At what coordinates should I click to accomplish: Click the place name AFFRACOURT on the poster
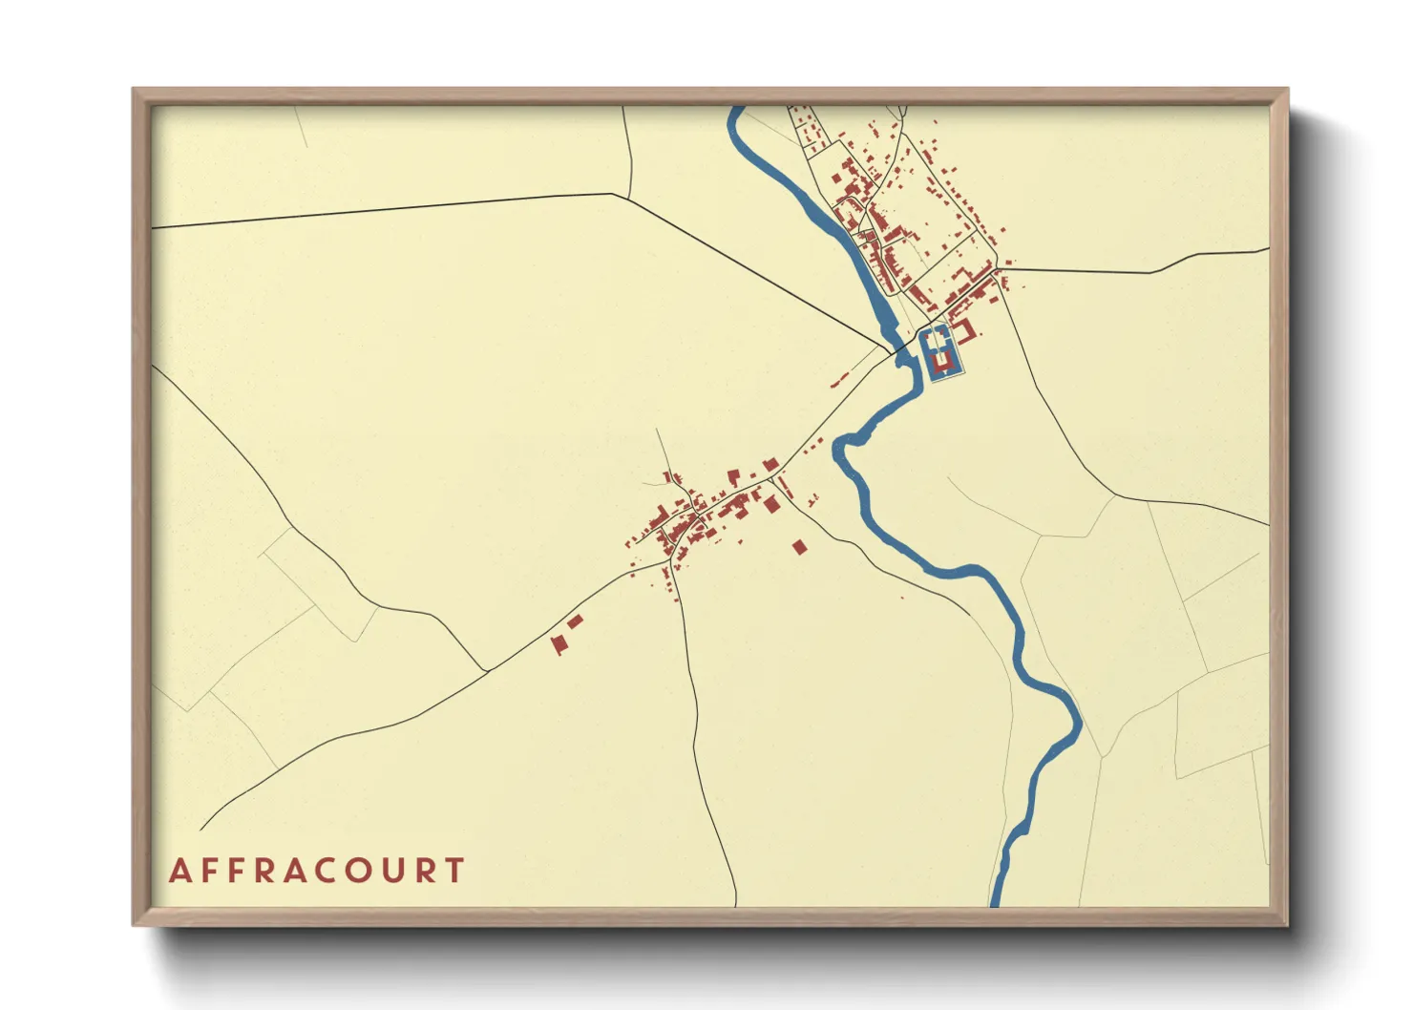tap(316, 871)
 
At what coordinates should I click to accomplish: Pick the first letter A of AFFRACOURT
tap(179, 871)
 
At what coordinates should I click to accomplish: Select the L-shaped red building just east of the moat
tap(966, 331)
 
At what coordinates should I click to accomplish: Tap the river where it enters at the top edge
tap(734, 111)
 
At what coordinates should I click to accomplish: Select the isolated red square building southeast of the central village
tap(800, 547)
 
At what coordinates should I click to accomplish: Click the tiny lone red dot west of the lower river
tap(902, 598)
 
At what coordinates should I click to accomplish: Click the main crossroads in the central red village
tap(697, 516)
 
